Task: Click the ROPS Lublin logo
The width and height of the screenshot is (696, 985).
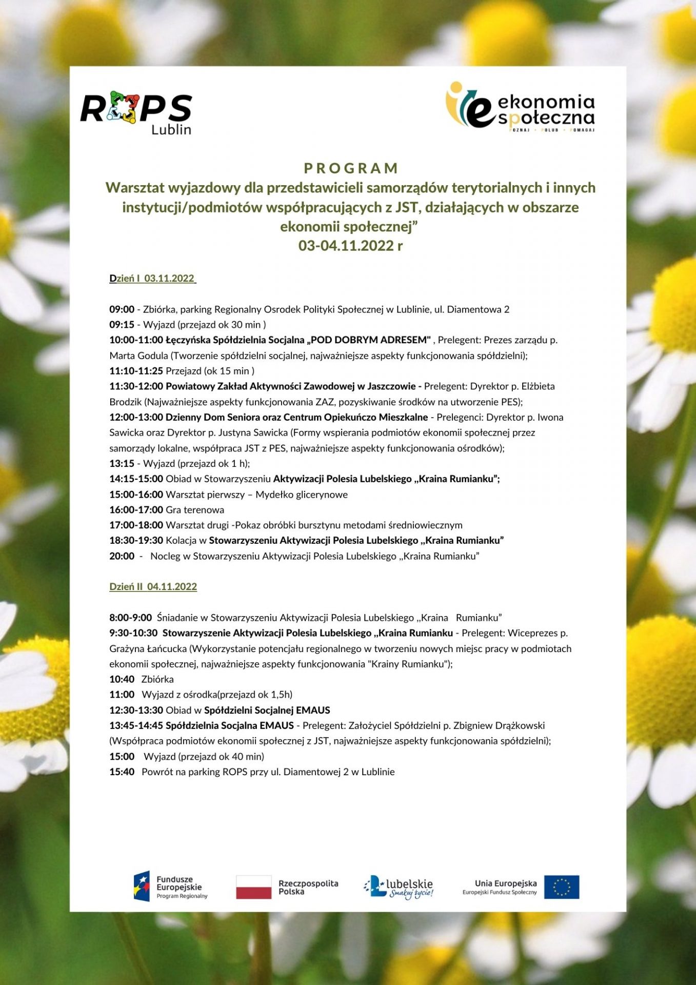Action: coord(136,113)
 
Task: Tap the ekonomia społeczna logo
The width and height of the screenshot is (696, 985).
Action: coord(520,107)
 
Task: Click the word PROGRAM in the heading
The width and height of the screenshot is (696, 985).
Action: coord(351,168)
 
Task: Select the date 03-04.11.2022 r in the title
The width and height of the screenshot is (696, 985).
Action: coord(350,246)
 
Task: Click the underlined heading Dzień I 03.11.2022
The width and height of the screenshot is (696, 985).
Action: coord(152,279)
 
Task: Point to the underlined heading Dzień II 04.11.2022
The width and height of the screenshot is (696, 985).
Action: coord(153,587)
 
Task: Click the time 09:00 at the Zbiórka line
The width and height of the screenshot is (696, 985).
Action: coord(122,309)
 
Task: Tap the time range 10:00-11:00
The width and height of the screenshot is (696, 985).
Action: coord(136,340)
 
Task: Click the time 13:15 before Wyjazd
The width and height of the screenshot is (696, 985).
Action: coord(122,464)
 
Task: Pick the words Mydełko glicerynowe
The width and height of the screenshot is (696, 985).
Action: coord(302,495)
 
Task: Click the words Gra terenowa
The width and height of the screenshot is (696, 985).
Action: coord(195,510)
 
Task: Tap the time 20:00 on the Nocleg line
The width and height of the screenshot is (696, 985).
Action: coord(122,556)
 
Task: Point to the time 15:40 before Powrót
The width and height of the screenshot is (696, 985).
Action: coord(122,772)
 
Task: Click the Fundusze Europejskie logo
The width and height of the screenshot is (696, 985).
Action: coord(171,887)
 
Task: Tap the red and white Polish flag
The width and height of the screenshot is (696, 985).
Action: coord(253,887)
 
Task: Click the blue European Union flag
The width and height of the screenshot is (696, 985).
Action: coord(562,887)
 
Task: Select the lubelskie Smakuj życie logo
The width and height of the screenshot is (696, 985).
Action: coord(399,887)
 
